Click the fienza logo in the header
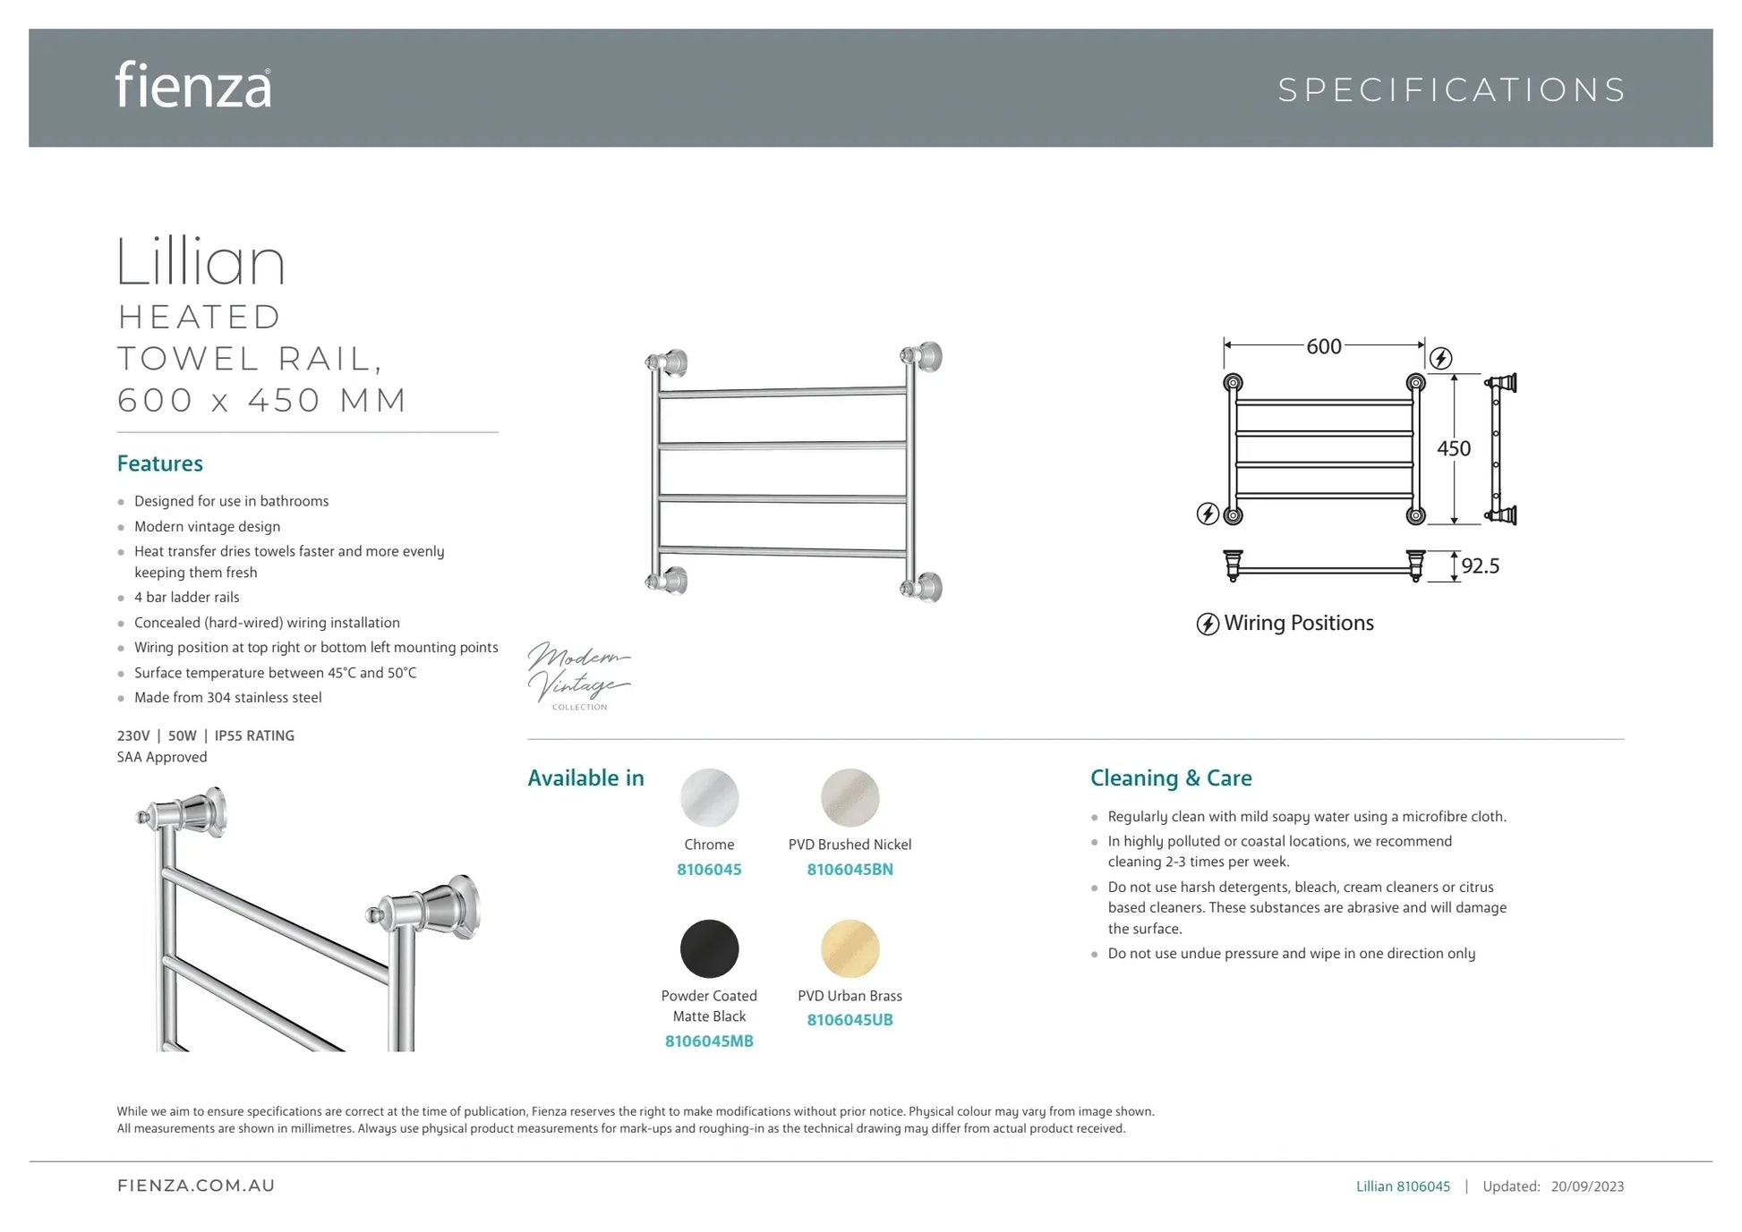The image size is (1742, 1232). point(192,86)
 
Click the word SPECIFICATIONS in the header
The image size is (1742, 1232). point(1451,90)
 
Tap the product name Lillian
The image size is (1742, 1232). point(201,262)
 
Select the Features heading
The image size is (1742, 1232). point(160,463)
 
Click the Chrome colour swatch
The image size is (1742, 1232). point(709,797)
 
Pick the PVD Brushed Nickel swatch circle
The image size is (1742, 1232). point(850,797)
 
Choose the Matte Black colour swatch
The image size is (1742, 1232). point(709,948)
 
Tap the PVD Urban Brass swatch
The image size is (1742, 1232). point(850,948)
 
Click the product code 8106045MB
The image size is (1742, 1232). point(709,1041)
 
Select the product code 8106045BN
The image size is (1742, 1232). point(850,869)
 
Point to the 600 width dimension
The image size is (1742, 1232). point(1323,346)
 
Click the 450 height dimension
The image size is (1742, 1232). point(1453,448)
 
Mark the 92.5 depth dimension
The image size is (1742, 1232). point(1480,565)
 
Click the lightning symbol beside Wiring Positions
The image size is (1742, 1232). point(1208,624)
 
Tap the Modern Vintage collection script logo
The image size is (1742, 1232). point(578,675)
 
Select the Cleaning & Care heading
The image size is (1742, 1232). point(1171,777)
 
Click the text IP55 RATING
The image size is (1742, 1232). point(254,735)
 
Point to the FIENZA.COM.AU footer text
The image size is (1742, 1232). point(196,1185)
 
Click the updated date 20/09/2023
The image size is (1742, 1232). point(1587,1186)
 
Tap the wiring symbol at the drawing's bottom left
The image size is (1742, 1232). point(1208,514)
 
